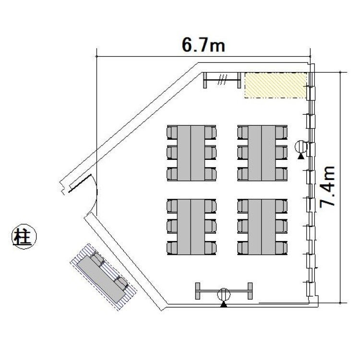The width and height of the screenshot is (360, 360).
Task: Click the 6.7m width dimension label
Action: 204,45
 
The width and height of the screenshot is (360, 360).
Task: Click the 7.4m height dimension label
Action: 327,186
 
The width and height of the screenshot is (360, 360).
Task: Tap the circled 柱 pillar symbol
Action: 24,236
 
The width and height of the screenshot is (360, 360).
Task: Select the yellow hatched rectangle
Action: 276,85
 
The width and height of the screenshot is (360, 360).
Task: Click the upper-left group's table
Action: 191,153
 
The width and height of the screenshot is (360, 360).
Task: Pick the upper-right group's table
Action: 262,153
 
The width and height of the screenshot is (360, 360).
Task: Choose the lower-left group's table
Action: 191,227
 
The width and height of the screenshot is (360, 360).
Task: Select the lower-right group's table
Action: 262,227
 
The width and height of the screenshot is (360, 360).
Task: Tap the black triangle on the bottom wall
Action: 224,304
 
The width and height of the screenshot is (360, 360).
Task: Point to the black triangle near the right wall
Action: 301,156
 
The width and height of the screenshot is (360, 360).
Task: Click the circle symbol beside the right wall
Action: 301,147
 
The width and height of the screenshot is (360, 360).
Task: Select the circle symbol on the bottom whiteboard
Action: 224,295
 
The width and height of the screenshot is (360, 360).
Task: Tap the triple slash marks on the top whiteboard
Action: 222,80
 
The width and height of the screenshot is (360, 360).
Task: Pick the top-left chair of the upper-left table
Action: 172,132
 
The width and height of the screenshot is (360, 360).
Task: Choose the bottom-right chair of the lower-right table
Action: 281,248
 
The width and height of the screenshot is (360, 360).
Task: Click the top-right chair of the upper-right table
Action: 281,132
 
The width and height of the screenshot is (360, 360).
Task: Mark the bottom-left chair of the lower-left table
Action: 172,248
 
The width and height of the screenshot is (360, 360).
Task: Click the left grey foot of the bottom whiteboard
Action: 198,291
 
